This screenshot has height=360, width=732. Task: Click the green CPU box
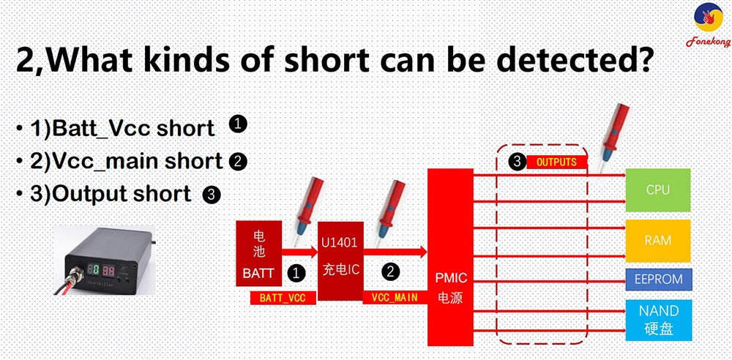coord(657,190)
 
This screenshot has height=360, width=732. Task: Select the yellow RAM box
coord(657,240)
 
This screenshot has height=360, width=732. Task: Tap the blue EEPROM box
coord(657,279)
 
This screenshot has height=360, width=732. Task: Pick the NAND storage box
coord(657,319)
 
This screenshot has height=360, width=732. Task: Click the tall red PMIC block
coord(450,257)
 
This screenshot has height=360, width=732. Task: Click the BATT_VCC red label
coord(283,298)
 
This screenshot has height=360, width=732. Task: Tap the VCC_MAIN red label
coord(395,297)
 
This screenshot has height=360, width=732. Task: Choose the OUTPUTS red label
coord(557,162)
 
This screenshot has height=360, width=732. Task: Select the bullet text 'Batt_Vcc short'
coord(122,129)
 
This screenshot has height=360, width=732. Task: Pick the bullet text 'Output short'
coord(111,194)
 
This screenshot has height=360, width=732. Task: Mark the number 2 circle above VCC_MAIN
coord(392,271)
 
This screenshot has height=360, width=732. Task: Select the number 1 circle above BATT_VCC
coord(296,273)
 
